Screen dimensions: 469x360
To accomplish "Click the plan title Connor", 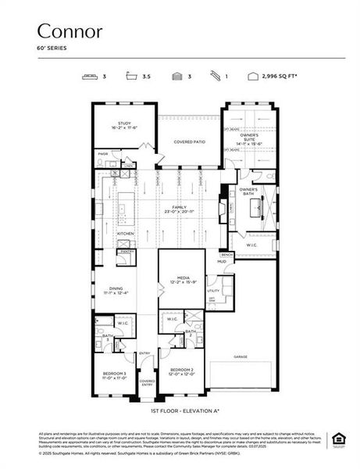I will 70,31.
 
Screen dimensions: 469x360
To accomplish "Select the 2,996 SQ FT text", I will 278,77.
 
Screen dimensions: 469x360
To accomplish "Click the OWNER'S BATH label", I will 248,191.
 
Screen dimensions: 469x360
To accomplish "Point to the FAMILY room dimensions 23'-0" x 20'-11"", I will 180,212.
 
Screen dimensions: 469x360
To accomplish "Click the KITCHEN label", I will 126,234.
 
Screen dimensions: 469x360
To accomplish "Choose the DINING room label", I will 116,289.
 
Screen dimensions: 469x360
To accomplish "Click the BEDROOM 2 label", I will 181,369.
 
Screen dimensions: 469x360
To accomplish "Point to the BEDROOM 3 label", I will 114,374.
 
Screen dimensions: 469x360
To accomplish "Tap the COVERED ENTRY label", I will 147,382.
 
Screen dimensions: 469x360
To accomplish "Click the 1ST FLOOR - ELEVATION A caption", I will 185,410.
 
